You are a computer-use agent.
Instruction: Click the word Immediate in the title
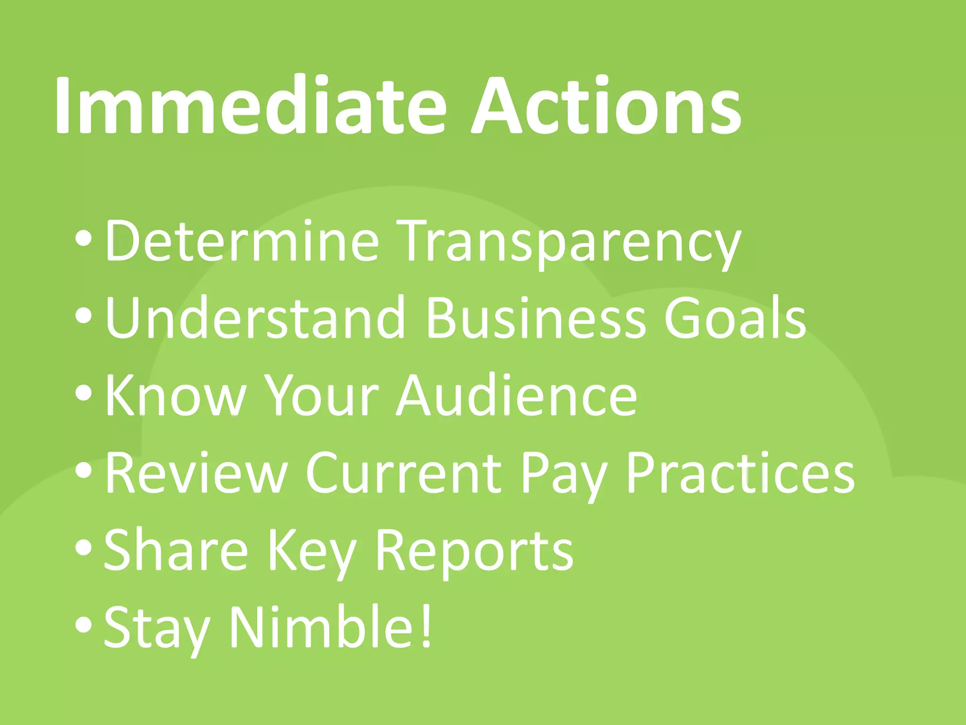[x=250, y=106]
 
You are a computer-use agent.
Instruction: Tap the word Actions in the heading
[x=607, y=106]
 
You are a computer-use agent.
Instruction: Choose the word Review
[x=196, y=473]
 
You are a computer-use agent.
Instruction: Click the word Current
[x=404, y=473]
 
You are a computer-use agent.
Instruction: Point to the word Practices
[x=740, y=473]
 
